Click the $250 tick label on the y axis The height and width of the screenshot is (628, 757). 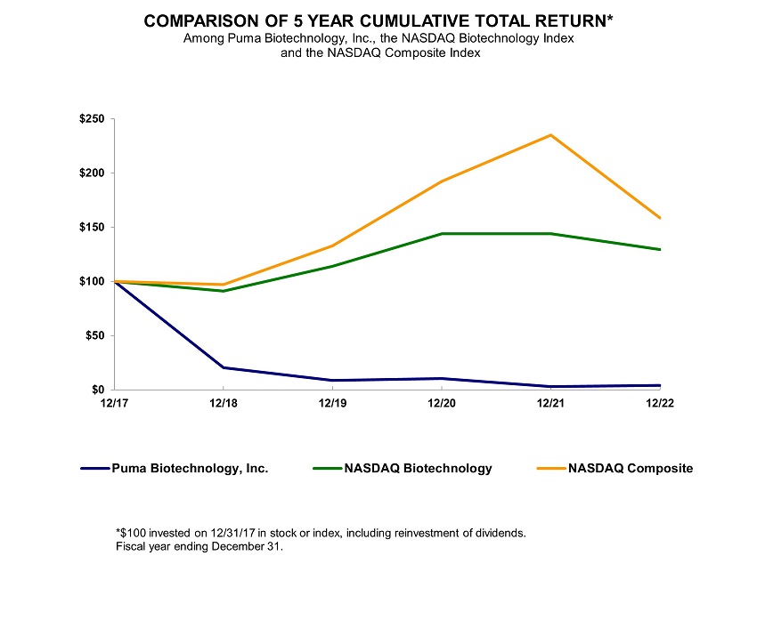[x=92, y=119]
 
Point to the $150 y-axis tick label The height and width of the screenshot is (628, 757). [x=92, y=228]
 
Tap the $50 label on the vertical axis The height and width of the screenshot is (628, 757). [x=95, y=336]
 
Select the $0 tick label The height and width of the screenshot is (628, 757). [x=98, y=390]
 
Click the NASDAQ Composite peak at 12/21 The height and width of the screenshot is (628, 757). [x=551, y=135]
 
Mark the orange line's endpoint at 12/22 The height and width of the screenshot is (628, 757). [x=660, y=218]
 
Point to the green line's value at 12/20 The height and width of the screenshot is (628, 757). [x=442, y=234]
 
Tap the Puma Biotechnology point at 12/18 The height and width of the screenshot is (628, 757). [x=223, y=367]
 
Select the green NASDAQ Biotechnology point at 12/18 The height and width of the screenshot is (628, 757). [x=223, y=291]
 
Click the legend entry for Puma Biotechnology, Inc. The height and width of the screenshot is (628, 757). [x=189, y=468]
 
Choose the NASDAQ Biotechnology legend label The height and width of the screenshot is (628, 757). [x=417, y=468]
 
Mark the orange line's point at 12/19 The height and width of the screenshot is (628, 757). [x=332, y=246]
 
